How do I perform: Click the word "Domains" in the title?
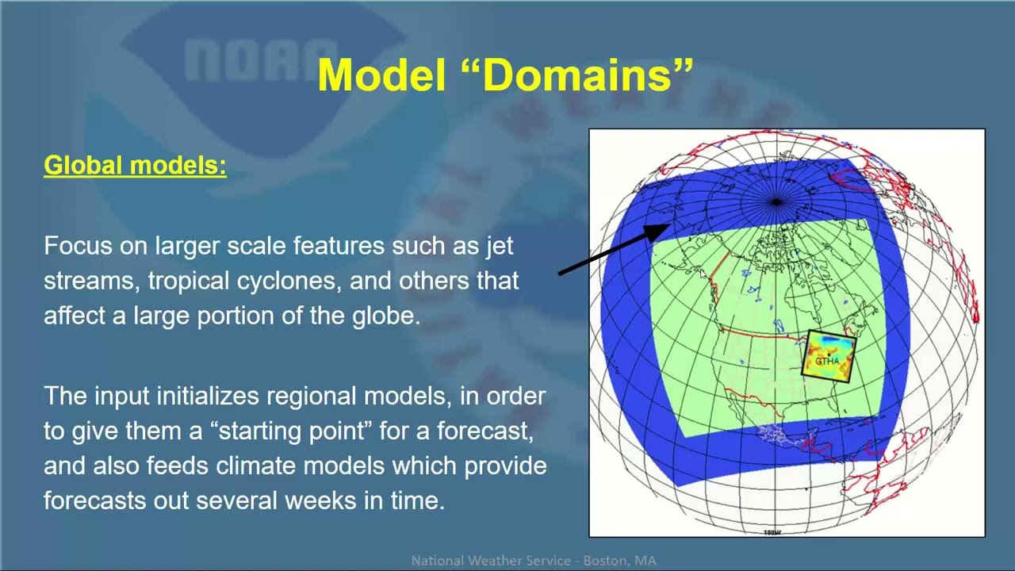(x=587, y=75)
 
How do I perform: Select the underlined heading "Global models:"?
(x=135, y=166)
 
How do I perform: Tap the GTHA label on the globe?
(x=827, y=361)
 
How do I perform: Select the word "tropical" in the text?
(x=183, y=281)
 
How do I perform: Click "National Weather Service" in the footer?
(x=491, y=561)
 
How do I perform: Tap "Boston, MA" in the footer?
(x=620, y=561)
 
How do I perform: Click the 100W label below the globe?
(x=772, y=532)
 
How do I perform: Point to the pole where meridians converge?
(x=776, y=202)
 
